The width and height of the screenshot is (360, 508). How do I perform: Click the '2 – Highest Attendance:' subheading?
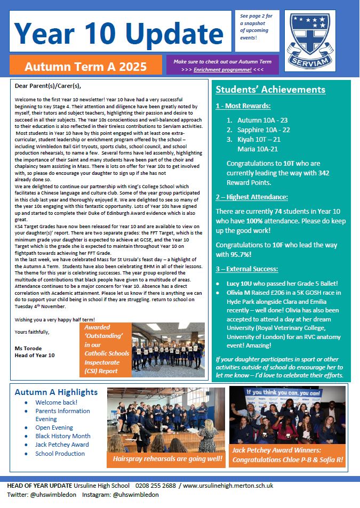tap(251, 197)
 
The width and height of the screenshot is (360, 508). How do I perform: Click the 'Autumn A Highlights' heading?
tap(56, 392)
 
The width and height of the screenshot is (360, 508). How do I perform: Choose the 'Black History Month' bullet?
tap(63, 436)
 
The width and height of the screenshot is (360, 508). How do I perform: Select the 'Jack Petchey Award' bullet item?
tap(62, 445)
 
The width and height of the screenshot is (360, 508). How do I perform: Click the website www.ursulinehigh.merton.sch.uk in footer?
tap(228, 486)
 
